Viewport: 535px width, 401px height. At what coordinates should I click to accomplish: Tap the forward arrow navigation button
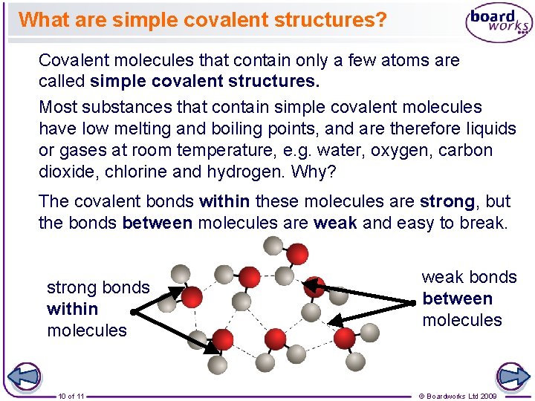tap(512, 376)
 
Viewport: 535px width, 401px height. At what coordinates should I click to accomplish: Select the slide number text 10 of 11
tap(71, 396)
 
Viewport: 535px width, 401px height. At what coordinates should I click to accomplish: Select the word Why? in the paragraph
tap(324, 171)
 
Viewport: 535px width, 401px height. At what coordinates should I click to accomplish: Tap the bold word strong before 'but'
tap(447, 201)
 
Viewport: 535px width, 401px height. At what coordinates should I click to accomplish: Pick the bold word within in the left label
tap(72, 309)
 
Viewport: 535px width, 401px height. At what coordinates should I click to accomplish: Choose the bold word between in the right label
tap(457, 299)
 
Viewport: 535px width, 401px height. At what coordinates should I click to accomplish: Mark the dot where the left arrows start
tap(132, 313)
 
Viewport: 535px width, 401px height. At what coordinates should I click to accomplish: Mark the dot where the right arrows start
tap(413, 303)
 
